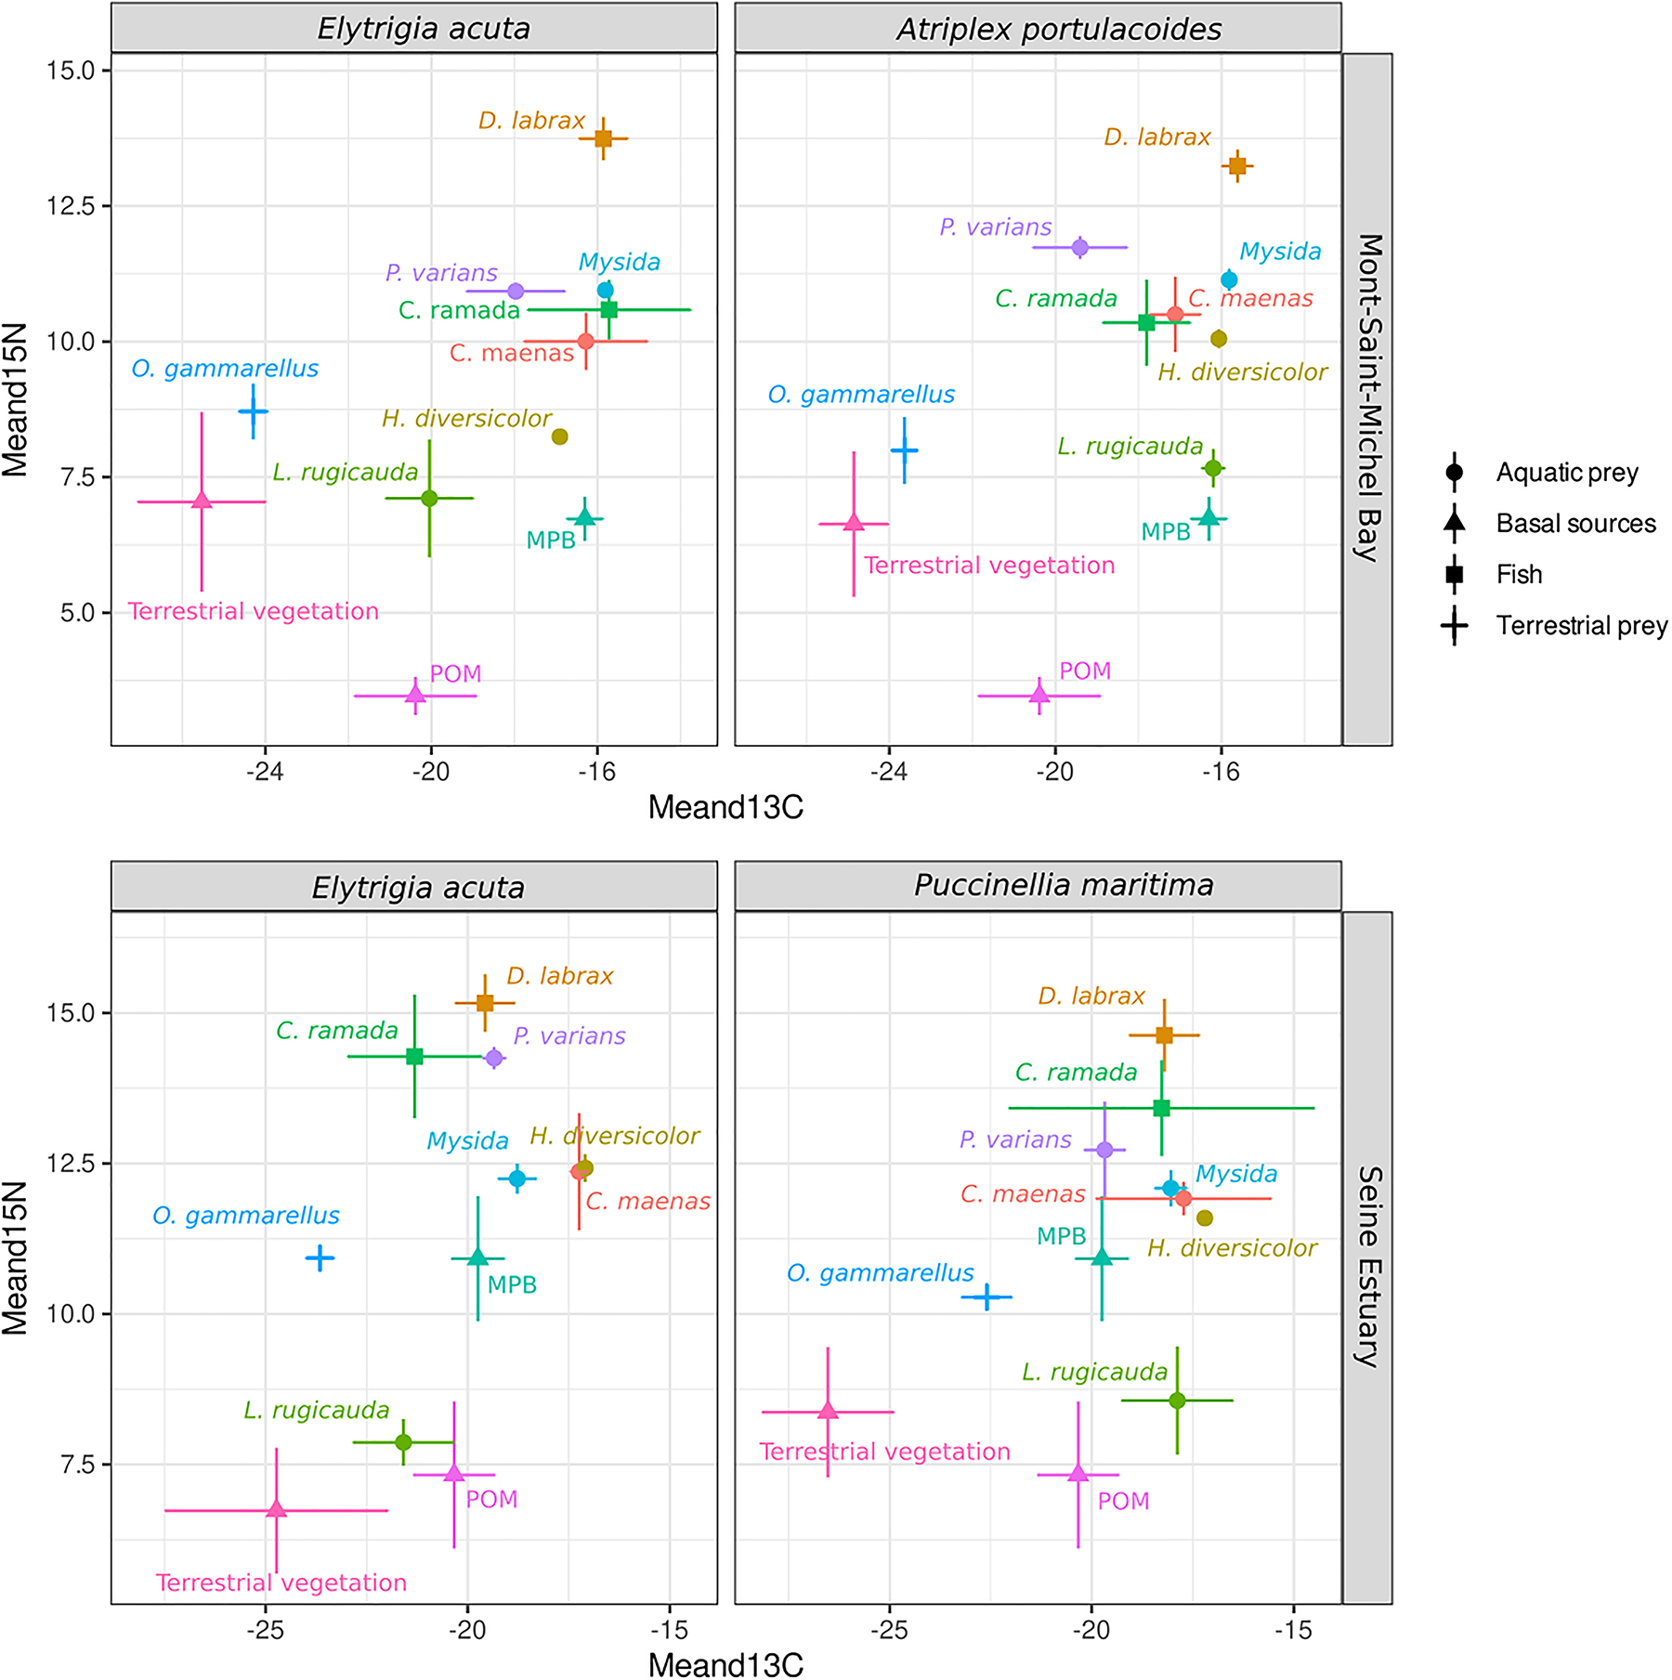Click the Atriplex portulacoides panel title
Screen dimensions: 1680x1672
pyautogui.click(x=1058, y=29)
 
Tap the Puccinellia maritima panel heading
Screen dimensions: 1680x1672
pyautogui.click(x=1063, y=885)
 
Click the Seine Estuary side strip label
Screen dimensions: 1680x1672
pyautogui.click(x=1368, y=1267)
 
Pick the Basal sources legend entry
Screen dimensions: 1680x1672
pyautogui.click(x=1575, y=524)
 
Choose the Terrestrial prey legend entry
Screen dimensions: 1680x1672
pyautogui.click(x=1581, y=626)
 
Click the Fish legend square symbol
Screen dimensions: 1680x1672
pyautogui.click(x=1455, y=575)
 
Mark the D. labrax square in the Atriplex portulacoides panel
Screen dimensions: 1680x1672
pyautogui.click(x=1237, y=166)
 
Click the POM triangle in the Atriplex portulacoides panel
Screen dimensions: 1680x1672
pyautogui.click(x=1039, y=695)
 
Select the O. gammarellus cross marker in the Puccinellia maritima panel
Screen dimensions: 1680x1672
pyautogui.click(x=986, y=1296)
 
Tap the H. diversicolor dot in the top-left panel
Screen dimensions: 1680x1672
pyautogui.click(x=559, y=436)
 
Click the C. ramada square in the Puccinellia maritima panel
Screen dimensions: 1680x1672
pyautogui.click(x=1161, y=1108)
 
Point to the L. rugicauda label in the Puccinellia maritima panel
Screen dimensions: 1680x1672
pyautogui.click(x=1094, y=1372)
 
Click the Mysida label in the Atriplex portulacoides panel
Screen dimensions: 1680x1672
pyautogui.click(x=1280, y=252)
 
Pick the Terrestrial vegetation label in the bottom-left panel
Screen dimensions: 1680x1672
pyautogui.click(x=281, y=1582)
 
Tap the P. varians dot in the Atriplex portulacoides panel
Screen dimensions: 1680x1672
pyautogui.click(x=1079, y=247)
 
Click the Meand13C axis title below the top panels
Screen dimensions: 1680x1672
pyautogui.click(x=725, y=808)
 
